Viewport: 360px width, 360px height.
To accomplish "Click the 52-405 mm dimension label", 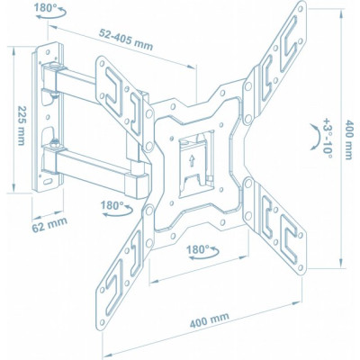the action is tap(126, 40).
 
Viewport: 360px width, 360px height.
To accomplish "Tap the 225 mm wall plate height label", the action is tap(22, 125).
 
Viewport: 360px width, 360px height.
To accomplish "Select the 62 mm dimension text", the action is tap(49, 224).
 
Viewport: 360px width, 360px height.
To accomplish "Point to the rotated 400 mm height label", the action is tap(348, 139).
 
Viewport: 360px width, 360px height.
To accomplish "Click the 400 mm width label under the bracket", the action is tap(210, 319).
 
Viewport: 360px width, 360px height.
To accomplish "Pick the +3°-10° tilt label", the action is tap(328, 139).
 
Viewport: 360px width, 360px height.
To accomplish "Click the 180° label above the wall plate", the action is tap(43, 7).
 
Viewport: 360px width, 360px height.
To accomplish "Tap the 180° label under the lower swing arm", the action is tap(112, 205).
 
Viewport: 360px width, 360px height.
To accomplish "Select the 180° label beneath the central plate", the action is tap(198, 249).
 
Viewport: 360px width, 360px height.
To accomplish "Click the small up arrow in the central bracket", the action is tap(192, 161).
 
